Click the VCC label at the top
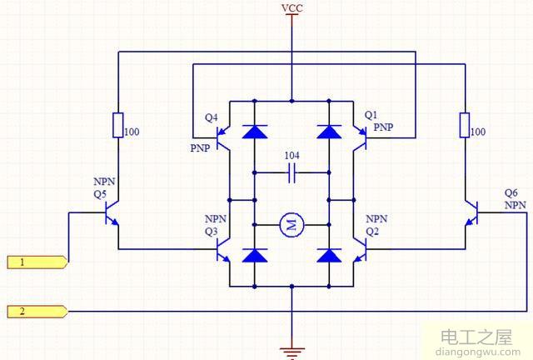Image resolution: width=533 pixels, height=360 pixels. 292,8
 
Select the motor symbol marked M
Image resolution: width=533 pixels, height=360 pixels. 291,222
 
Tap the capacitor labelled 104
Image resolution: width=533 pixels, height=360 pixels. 291,173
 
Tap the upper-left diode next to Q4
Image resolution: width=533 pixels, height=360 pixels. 253,130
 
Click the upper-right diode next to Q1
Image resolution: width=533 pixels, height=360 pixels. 331,130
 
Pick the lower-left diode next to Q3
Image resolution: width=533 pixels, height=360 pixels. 253,254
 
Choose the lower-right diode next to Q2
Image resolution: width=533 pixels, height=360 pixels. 331,254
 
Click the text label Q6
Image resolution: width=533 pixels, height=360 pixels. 511,192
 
